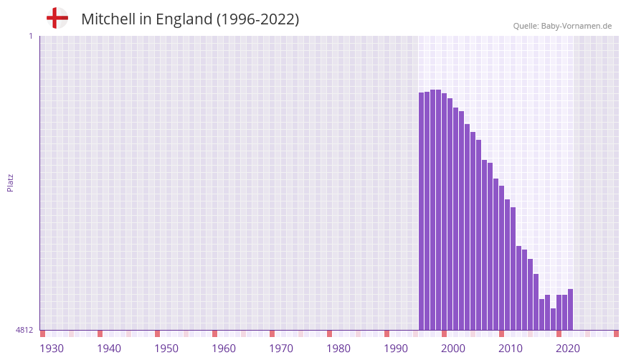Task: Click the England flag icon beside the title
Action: click(57, 18)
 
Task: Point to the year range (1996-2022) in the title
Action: click(258, 19)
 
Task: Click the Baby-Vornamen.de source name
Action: click(577, 26)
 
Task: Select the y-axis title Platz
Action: click(10, 182)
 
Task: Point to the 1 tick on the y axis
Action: click(30, 36)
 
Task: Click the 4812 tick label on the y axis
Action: click(24, 330)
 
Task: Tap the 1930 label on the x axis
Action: click(52, 349)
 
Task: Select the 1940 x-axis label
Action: click(109, 349)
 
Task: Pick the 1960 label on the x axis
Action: click(224, 349)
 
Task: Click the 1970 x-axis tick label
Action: click(281, 349)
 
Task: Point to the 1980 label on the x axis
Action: click(338, 349)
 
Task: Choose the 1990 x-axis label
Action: click(396, 349)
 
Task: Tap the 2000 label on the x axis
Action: click(453, 349)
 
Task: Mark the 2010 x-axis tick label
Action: click(511, 349)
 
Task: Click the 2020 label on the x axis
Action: click(568, 349)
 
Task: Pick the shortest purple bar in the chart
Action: click(553, 320)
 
